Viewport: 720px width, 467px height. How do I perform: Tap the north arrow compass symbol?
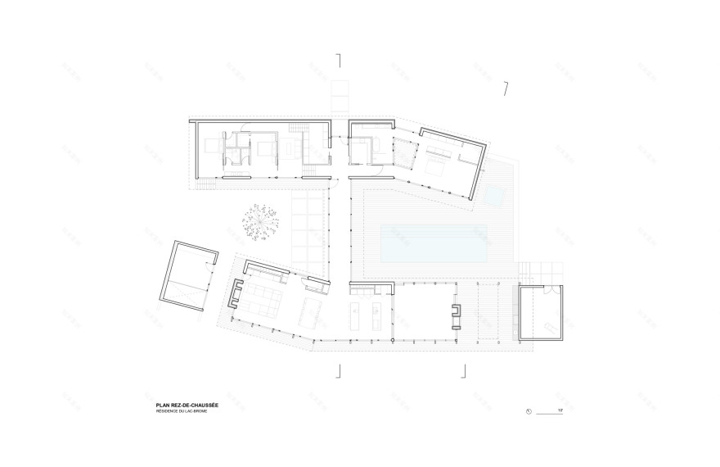pos(530,410)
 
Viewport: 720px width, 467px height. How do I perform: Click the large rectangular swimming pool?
pos(434,243)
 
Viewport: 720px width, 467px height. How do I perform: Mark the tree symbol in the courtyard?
pos(262,222)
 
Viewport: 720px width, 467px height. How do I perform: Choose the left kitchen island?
pos(357,315)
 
